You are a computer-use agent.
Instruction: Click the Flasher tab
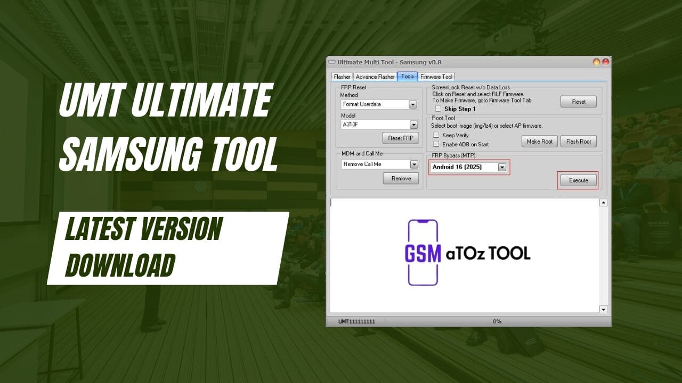pos(342,77)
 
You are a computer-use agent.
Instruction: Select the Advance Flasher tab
pos(375,77)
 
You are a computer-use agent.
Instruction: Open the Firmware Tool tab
pos(436,77)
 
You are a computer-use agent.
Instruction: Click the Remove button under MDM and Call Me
pos(401,179)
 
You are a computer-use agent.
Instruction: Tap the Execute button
pos(578,180)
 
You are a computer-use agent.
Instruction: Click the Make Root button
pos(540,141)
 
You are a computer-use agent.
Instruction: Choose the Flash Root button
pos(578,141)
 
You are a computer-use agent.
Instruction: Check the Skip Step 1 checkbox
pos(438,109)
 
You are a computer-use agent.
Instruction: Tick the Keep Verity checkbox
pos(436,135)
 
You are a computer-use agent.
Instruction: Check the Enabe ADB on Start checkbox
pos(436,144)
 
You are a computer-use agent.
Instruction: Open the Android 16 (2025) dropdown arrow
pos(501,167)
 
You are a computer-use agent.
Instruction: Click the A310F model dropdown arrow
pos(413,124)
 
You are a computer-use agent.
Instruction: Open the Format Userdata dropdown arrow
pos(413,105)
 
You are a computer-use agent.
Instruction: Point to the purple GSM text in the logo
pos(423,253)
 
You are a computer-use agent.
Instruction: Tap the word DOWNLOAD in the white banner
pos(120,264)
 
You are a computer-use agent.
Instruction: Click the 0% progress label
pos(497,321)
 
